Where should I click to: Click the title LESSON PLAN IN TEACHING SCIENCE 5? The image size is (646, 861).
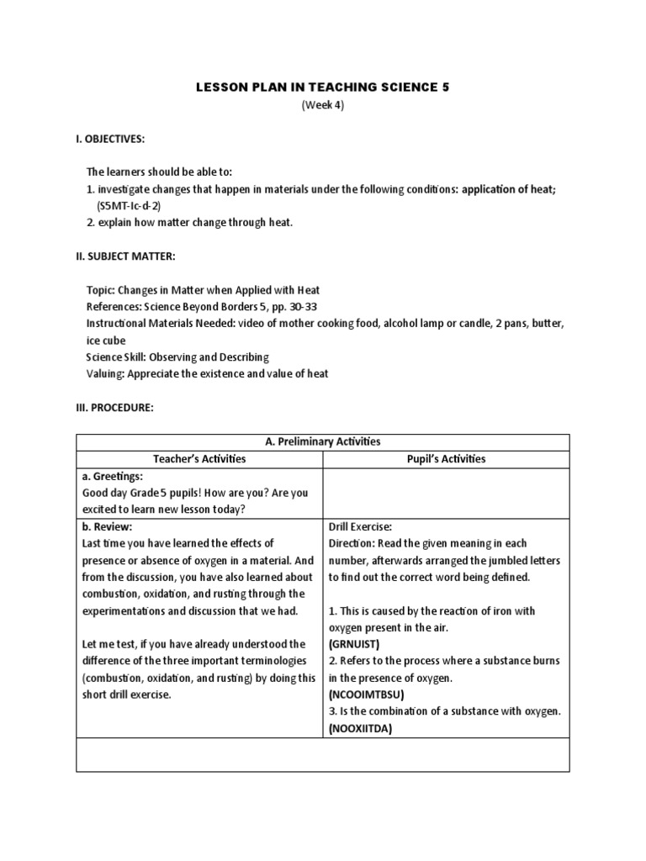tap(323, 87)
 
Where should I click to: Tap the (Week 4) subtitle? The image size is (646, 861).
tap(323, 105)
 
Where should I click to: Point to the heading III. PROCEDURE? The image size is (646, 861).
tap(114, 407)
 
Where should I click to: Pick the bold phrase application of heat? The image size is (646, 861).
tap(507, 189)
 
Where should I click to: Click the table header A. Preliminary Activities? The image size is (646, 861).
tap(323, 441)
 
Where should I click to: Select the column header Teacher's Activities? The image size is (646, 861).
tap(199, 459)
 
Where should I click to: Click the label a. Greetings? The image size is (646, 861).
tap(114, 476)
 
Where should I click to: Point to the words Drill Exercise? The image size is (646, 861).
tap(360, 526)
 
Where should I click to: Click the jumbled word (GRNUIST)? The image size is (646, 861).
tap(355, 644)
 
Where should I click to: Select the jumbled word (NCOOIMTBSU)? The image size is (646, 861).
tap(367, 695)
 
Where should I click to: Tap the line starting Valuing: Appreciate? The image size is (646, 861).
tap(208, 373)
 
